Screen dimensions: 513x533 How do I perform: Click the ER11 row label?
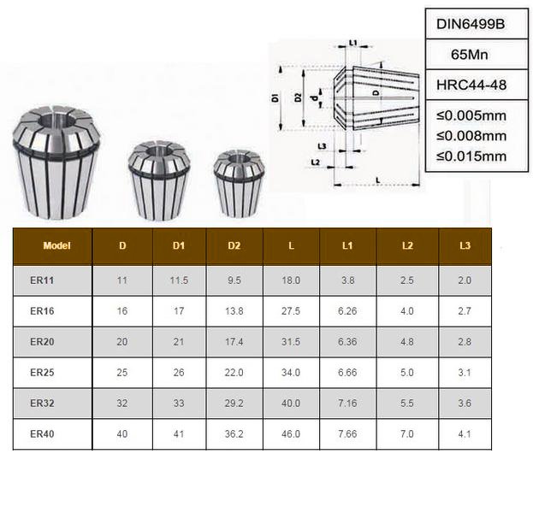pos(42,280)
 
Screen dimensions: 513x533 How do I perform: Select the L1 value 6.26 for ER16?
pos(347,311)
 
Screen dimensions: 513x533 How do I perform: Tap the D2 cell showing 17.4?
pos(234,342)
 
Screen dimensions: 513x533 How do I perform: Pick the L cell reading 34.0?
pos(291,373)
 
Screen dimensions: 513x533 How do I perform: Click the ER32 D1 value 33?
pos(179,403)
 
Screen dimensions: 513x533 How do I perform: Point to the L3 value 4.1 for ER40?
pos(465,433)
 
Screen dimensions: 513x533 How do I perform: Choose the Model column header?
pos(56,246)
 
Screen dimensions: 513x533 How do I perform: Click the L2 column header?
pos(407,246)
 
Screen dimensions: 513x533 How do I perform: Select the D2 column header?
pos(234,246)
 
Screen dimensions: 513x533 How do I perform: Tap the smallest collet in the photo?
pos(240,184)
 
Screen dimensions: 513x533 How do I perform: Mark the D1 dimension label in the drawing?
pos(276,98)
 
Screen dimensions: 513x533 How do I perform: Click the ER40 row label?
pos(42,433)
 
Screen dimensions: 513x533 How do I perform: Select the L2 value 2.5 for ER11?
pos(407,280)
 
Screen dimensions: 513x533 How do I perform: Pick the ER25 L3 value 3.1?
pos(465,373)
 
